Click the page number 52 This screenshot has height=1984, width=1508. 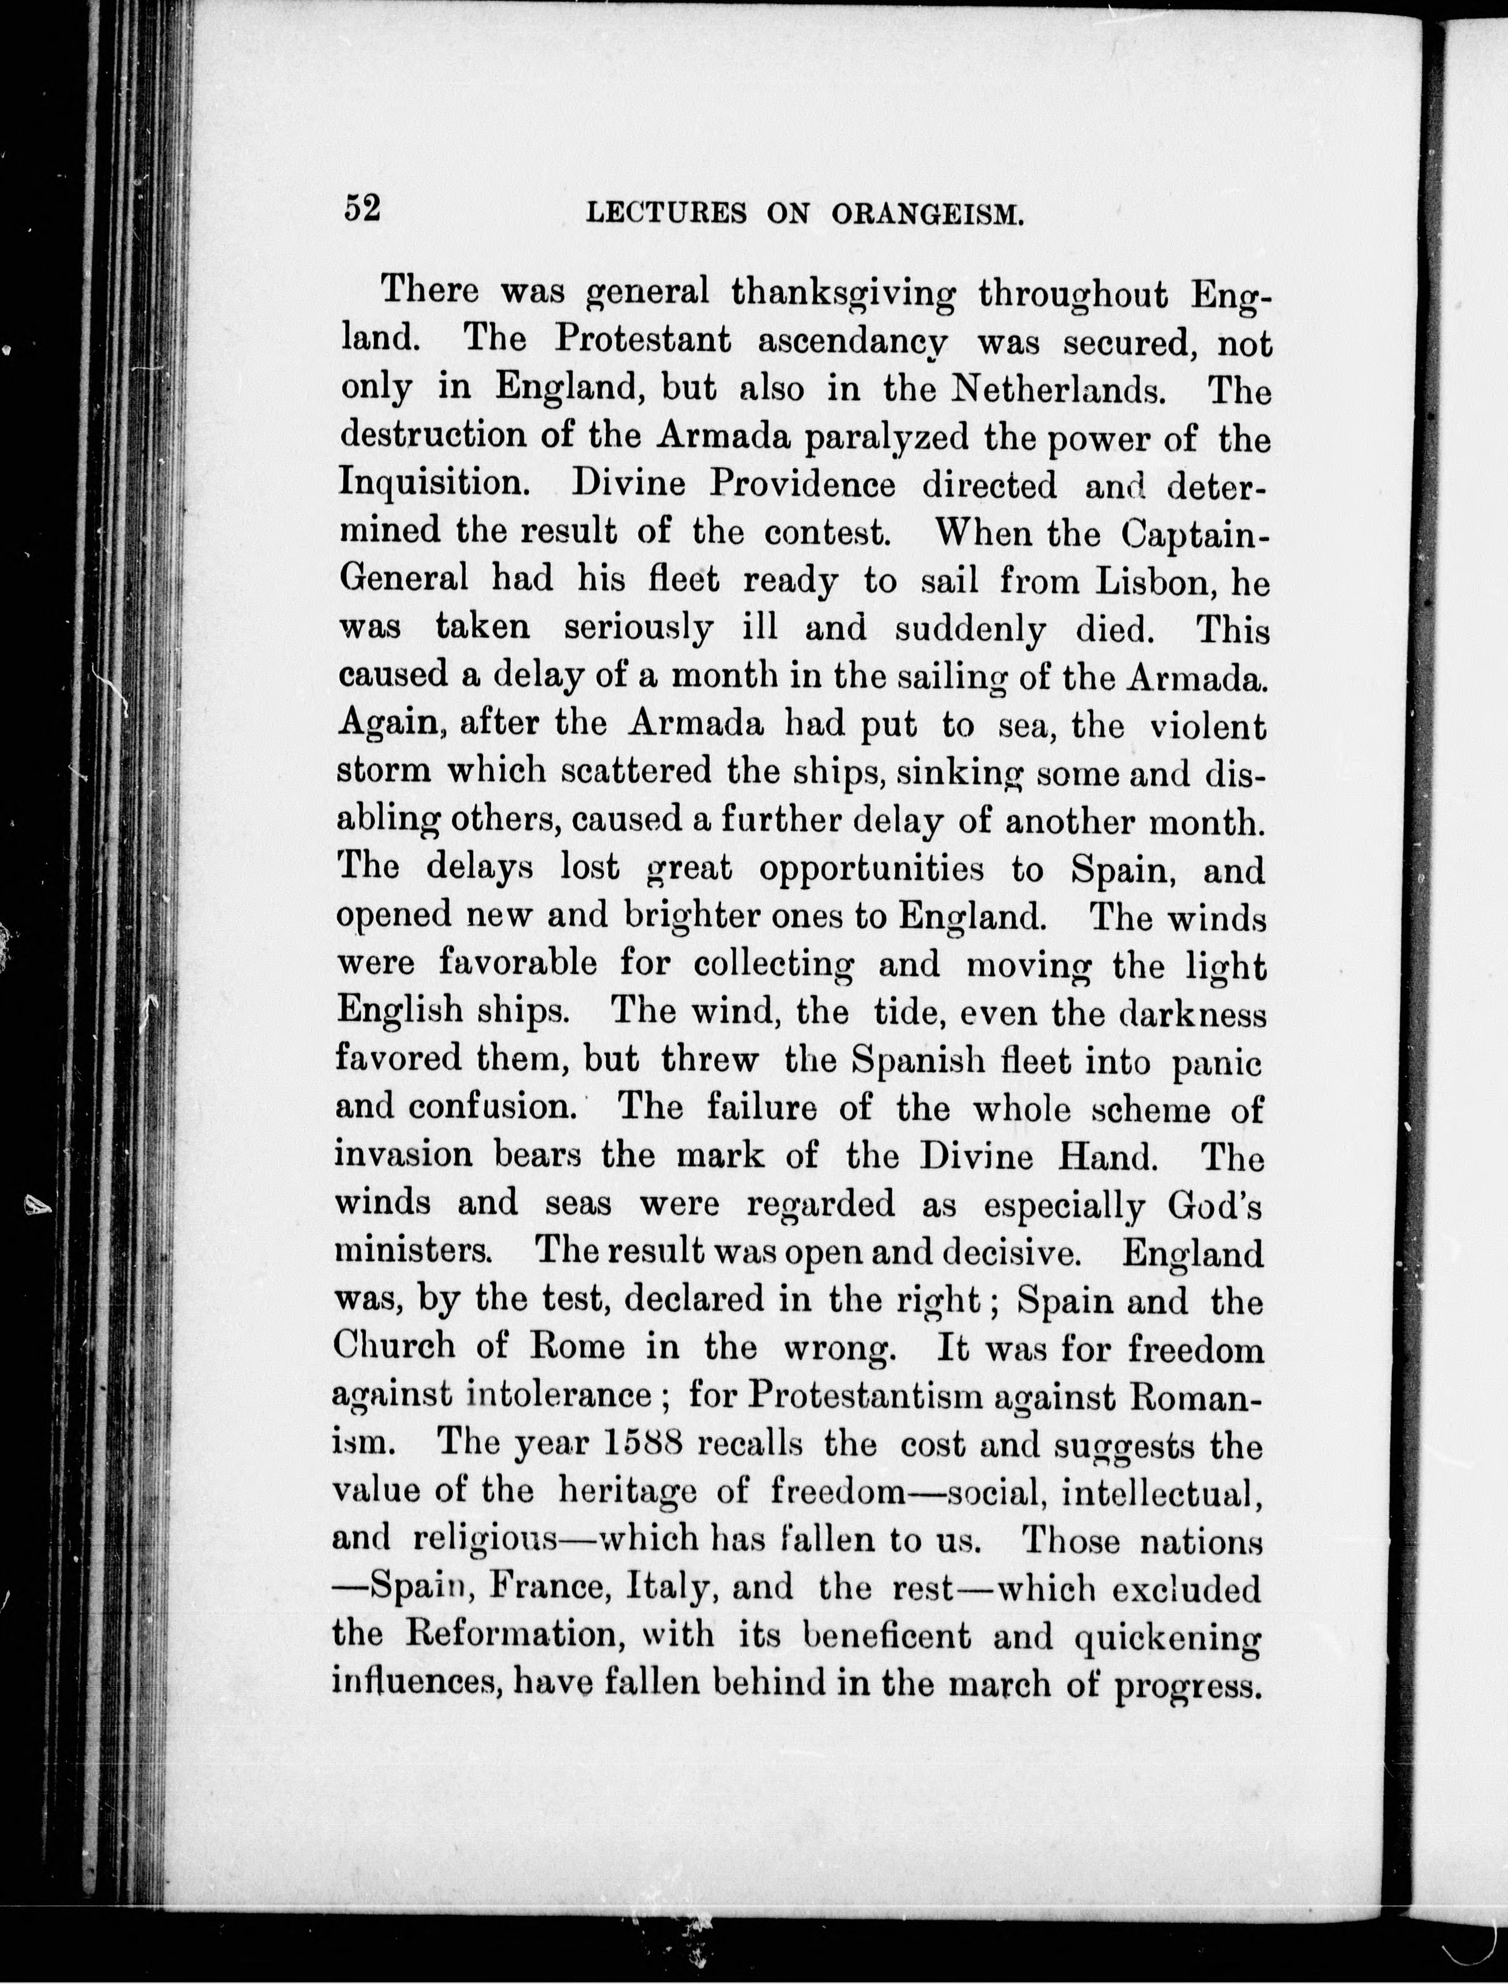[x=362, y=208]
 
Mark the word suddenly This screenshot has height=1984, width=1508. [x=971, y=631]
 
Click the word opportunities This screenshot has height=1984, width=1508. [x=871, y=869]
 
